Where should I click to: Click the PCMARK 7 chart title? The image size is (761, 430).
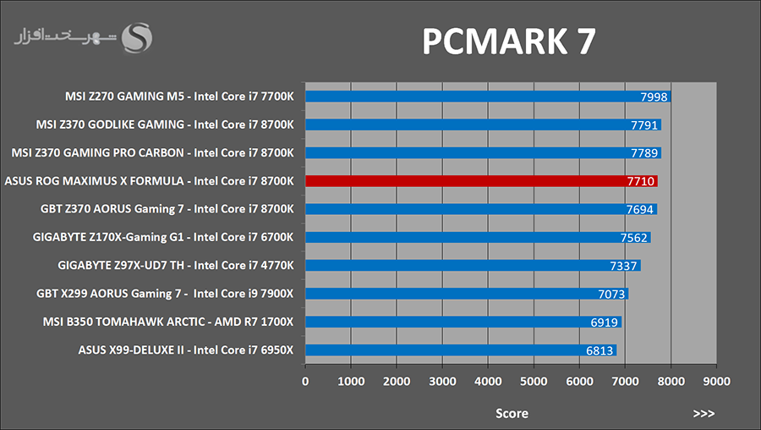pos(509,41)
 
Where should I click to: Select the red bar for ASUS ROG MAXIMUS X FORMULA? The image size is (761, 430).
pos(480,181)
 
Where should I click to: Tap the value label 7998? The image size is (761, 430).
pos(654,96)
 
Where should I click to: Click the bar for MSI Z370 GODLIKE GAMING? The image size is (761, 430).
pos(482,124)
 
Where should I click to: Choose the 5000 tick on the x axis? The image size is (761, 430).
pos(534,381)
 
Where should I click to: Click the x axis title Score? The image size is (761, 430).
pos(512,413)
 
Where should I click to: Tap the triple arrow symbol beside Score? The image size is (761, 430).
pos(704,413)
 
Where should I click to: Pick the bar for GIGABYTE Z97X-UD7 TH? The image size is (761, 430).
pos(472,266)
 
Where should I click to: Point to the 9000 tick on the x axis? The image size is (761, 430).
pos(716,381)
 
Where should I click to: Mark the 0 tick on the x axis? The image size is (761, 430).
pos(305,381)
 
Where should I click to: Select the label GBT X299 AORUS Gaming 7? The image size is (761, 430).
pos(167,294)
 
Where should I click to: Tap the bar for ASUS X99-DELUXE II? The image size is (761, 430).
pos(460,350)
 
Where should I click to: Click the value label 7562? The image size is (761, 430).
pos(633,238)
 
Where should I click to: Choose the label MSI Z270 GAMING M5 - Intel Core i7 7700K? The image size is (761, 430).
pos(179,96)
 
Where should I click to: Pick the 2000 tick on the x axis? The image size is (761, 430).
pos(397,381)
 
